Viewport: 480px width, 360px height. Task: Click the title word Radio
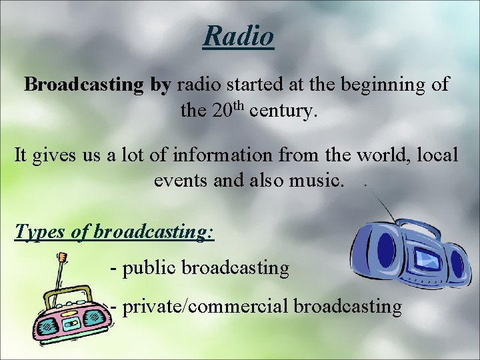tap(239, 35)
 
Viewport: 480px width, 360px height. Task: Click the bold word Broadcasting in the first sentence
tap(83, 85)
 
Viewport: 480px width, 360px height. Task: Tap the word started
tap(255, 85)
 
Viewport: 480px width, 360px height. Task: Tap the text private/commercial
tap(205, 307)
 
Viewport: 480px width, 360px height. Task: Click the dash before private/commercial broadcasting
tap(114, 307)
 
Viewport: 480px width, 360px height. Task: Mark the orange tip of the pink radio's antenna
tap(62, 256)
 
